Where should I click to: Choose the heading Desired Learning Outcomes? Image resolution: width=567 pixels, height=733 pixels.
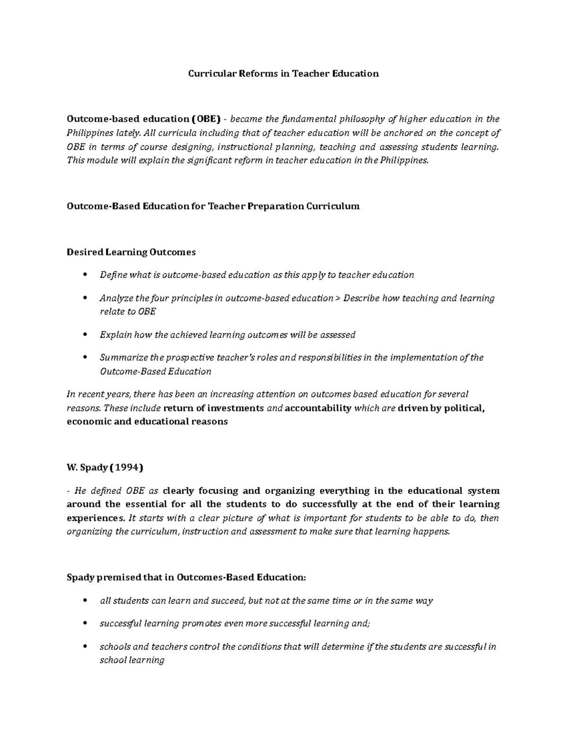tap(131, 252)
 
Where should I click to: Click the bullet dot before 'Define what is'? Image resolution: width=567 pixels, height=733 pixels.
tap(85, 275)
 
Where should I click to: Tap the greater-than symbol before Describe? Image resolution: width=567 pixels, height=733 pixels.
tap(338, 298)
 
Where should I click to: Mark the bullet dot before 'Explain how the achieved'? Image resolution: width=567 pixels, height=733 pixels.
tap(85, 335)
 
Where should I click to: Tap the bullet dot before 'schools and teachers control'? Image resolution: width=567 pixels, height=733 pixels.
tap(85, 647)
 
